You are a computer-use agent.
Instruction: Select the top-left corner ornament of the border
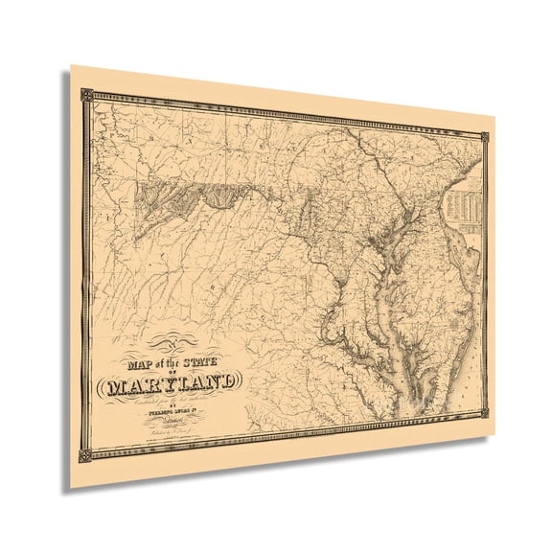tap(86, 94)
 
